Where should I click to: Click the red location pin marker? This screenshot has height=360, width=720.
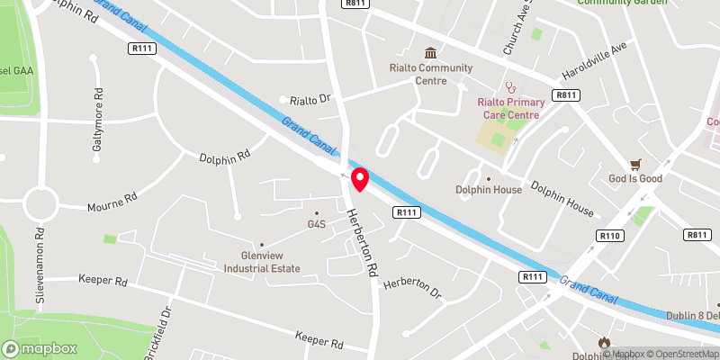tap(360, 179)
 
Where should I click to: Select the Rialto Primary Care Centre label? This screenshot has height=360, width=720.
tap(508, 108)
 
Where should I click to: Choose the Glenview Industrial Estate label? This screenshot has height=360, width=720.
tap(262, 260)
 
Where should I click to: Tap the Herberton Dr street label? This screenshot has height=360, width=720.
tap(413, 288)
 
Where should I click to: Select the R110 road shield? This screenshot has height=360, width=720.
tap(609, 236)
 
